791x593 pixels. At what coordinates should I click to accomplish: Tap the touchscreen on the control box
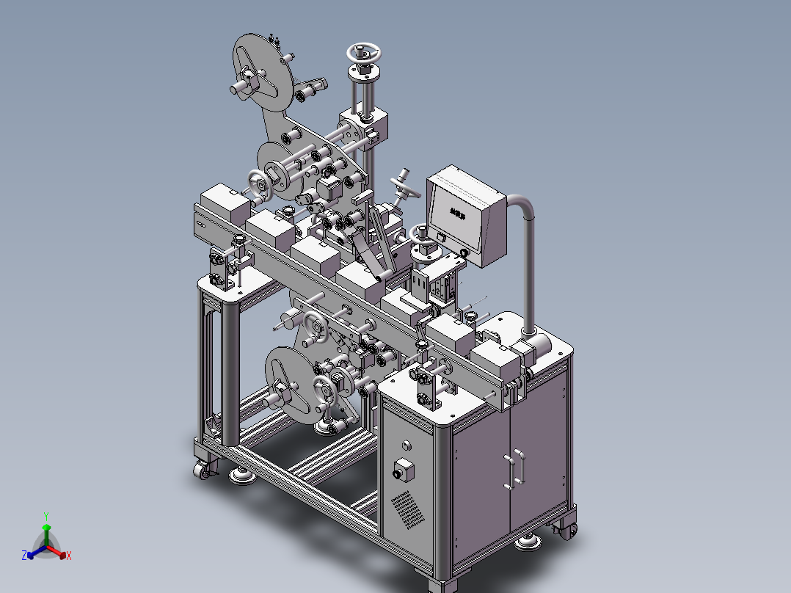pos(458,213)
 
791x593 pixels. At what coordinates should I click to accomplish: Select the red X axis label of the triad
pos(68,556)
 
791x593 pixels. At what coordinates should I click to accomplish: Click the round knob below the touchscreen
pos(464,253)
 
